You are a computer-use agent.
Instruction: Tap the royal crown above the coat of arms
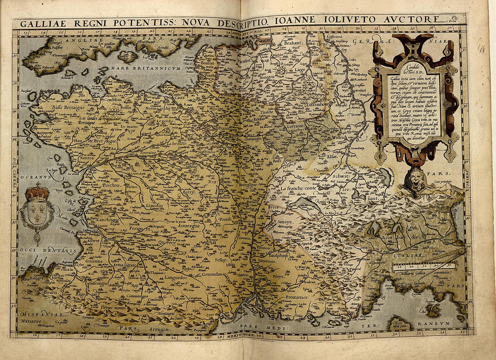pyautogui.click(x=37, y=193)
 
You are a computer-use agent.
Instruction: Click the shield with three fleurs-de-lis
pyautogui.click(x=37, y=212)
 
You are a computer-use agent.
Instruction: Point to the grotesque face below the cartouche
pyautogui.click(x=416, y=179)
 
